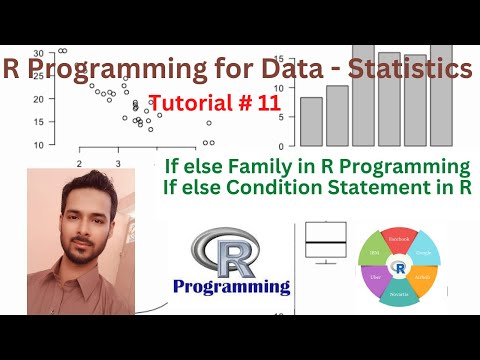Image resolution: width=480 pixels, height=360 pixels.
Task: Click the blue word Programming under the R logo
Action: [x=231, y=287]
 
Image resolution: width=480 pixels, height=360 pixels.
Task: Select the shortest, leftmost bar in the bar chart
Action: [x=311, y=121]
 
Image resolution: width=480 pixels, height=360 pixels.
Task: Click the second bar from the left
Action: [x=337, y=115]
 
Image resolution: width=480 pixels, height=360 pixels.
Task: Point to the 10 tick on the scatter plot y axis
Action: [x=38, y=144]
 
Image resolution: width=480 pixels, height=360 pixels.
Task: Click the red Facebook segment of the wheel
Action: [x=399, y=241]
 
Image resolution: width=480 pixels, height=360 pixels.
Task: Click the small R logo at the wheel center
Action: [x=400, y=268]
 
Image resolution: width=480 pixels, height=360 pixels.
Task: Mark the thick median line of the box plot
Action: [x=326, y=243]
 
